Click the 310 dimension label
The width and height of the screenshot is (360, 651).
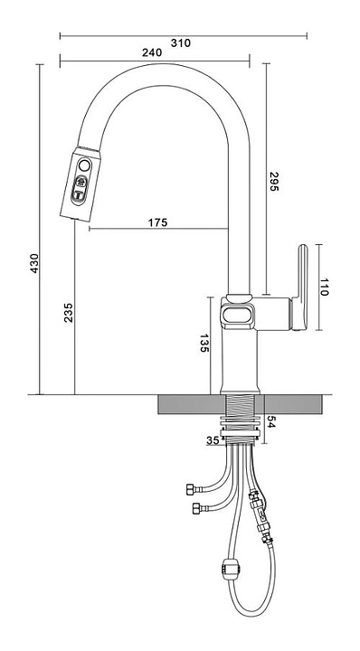[x=181, y=42]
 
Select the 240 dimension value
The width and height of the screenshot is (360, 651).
[x=152, y=52]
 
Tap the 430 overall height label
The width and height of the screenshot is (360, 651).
[x=34, y=263]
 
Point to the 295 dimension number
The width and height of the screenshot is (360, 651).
[x=274, y=182]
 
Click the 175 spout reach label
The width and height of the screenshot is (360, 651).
[x=157, y=222]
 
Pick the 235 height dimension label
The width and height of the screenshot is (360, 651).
[x=69, y=313]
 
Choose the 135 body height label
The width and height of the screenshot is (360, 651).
[x=204, y=343]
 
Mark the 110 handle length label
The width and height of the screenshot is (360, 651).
[x=324, y=287]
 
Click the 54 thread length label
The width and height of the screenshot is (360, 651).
[x=270, y=422]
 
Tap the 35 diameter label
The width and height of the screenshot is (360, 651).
[x=213, y=440]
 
